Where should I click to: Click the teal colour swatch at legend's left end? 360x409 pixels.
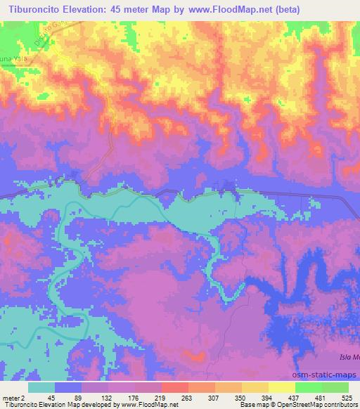[41, 387]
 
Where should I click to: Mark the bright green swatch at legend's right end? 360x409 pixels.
[335, 387]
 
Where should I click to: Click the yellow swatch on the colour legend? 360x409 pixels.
[282, 387]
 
